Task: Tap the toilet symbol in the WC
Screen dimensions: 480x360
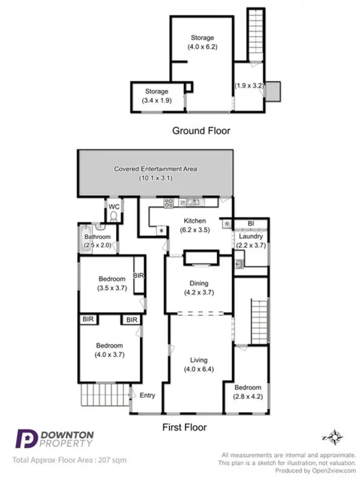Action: click(113, 215)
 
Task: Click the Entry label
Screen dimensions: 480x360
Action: click(147, 395)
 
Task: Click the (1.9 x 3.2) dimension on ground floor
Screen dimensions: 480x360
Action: click(249, 86)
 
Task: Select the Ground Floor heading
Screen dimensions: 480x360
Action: click(201, 130)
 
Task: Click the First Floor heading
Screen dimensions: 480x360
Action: click(184, 426)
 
